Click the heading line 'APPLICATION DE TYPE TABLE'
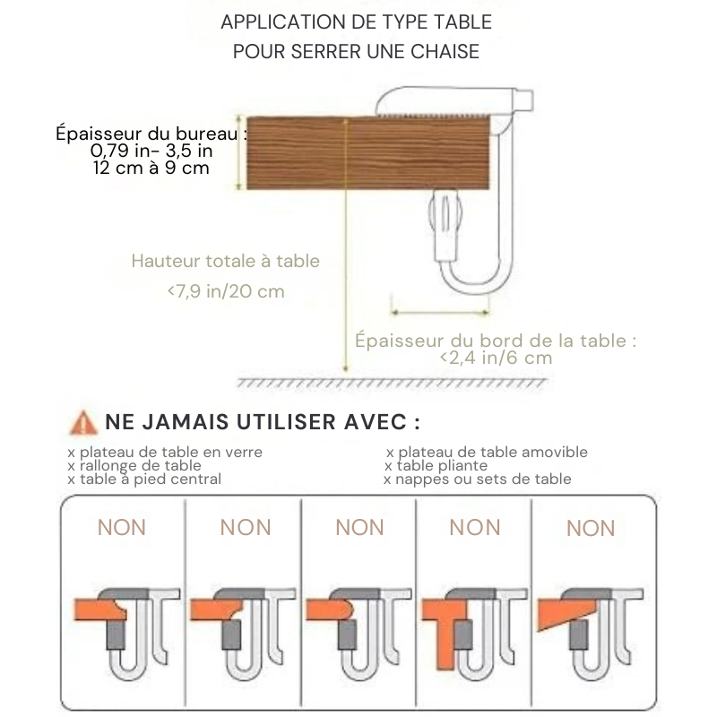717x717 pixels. (x=356, y=22)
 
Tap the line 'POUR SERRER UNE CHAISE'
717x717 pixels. (x=356, y=51)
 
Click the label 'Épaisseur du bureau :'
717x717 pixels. (x=151, y=134)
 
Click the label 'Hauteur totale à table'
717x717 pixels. (x=225, y=261)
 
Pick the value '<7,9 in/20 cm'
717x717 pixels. (x=225, y=291)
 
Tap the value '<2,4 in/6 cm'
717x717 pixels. (x=496, y=358)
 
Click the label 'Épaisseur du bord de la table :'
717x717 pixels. (x=496, y=340)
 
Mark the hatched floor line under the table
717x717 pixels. (x=392, y=383)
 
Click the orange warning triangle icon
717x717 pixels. (x=83, y=421)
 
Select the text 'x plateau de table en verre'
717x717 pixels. (x=165, y=452)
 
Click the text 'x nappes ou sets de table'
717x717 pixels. (x=477, y=479)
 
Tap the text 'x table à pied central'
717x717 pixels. (x=144, y=479)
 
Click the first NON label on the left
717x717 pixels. (x=121, y=527)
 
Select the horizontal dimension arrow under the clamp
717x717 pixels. (x=440, y=312)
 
